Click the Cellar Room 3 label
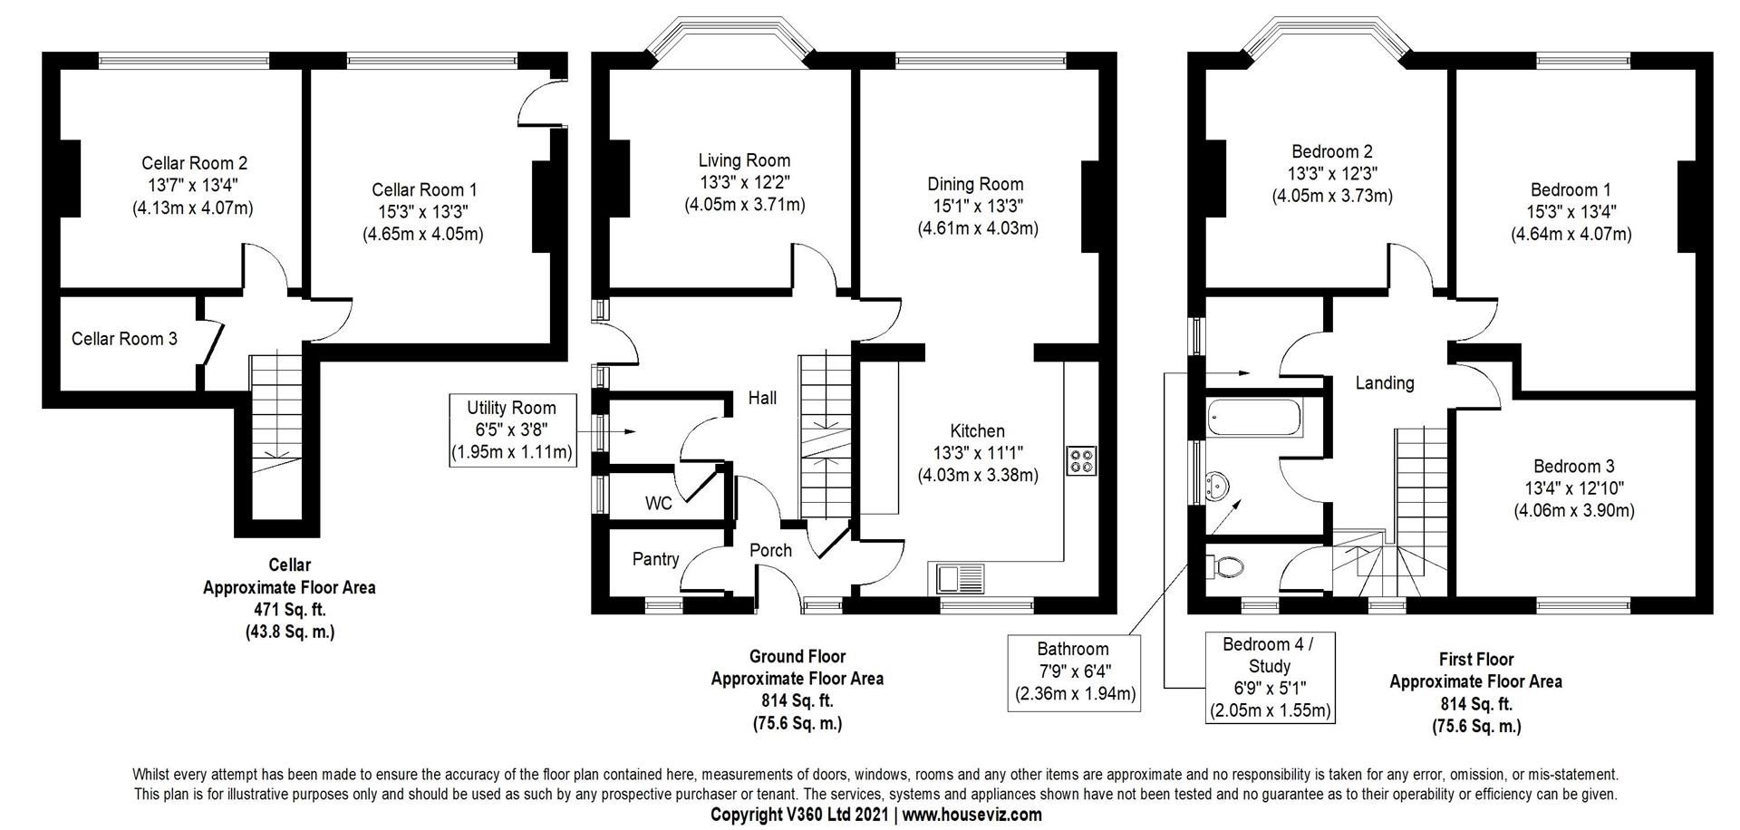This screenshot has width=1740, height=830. pos(124,339)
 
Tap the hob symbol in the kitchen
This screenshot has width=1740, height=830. pos(1082,460)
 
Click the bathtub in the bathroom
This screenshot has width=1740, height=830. pos(1254,419)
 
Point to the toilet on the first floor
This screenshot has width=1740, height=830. pos(1225,568)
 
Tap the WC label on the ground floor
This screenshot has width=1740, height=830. pos(659,503)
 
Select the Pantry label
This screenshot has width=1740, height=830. pos(655,559)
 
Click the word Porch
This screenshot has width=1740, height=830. pos(770,550)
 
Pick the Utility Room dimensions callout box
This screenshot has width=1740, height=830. pos(512,430)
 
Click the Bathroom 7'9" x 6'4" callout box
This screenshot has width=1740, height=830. pos(1073,671)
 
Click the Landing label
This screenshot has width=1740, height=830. pos(1384,383)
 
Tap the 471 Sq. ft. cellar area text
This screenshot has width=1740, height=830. pos(289,610)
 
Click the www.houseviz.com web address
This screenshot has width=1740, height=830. pos(971,815)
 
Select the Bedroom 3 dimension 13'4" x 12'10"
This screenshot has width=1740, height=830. pos(1573,488)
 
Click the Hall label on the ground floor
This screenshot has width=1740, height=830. pos(761,398)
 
